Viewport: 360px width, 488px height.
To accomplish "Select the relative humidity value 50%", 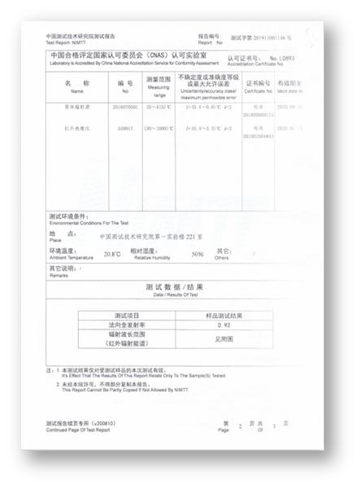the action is tap(197, 254).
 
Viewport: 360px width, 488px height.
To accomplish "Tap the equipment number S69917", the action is tap(124, 128).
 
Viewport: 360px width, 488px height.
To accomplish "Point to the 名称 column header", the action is tap(77, 83).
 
